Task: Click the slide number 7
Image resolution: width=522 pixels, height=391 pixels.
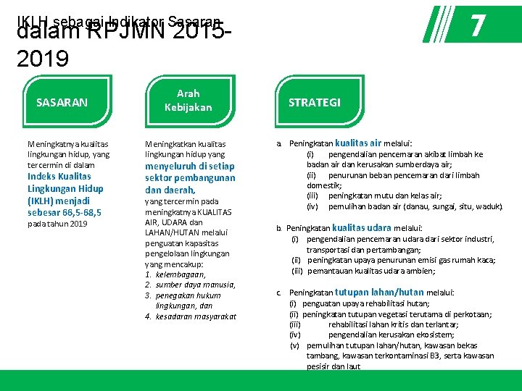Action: (x=476, y=26)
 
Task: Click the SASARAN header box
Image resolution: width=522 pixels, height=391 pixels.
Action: (x=62, y=102)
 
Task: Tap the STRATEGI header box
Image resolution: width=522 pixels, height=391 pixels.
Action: (x=314, y=102)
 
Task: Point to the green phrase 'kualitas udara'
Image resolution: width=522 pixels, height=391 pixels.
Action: (x=362, y=227)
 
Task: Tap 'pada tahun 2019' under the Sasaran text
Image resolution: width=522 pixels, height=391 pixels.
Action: (x=57, y=224)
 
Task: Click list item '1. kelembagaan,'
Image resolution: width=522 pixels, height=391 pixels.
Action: (x=175, y=274)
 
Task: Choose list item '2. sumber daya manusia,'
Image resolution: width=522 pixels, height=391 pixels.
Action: (x=190, y=285)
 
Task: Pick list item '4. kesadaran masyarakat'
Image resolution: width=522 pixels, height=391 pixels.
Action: (x=191, y=316)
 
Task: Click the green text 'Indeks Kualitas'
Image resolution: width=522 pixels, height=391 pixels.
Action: (x=59, y=176)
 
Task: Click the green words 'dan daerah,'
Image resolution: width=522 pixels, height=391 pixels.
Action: (x=170, y=190)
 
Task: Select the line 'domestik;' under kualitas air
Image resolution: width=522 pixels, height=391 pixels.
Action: (x=323, y=185)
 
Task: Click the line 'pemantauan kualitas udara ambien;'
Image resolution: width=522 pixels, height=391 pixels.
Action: (x=371, y=271)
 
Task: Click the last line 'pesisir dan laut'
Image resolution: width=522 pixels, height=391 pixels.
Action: (x=333, y=366)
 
